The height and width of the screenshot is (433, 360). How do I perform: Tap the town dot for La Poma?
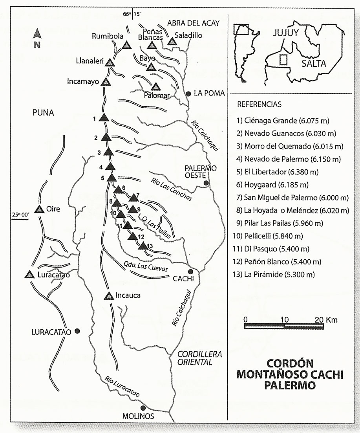189,94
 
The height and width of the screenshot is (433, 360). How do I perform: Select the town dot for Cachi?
190,272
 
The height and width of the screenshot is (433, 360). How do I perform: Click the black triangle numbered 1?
104,117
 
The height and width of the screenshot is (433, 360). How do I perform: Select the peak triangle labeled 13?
143,246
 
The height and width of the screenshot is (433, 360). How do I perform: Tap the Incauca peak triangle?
109,296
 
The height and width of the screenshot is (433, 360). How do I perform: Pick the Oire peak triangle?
39,209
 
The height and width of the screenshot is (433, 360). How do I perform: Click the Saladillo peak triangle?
172,42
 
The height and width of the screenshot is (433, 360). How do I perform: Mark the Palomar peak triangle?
156,87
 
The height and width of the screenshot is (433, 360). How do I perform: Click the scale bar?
284,326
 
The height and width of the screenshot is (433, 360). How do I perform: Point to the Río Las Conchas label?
172,190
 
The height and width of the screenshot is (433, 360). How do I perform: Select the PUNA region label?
43,113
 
